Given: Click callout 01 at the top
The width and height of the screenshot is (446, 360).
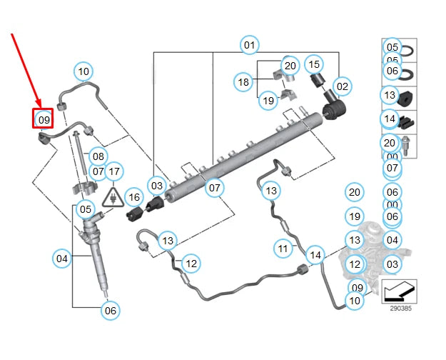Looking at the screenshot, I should [248, 46].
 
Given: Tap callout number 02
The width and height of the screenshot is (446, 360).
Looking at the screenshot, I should [343, 87].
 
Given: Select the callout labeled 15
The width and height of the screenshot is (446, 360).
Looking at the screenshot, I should [314, 64].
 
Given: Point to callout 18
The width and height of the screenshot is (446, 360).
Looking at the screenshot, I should [243, 82].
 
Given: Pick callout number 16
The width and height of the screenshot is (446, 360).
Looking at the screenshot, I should [133, 196].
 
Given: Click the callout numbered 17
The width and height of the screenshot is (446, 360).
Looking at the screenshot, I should [114, 171].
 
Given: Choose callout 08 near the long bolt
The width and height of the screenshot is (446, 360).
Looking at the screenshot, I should [98, 156].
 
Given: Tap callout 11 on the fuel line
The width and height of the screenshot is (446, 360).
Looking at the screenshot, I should [284, 249].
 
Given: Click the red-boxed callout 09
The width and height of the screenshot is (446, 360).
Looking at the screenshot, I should [44, 119].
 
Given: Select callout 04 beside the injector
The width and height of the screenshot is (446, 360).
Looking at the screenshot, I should [63, 258].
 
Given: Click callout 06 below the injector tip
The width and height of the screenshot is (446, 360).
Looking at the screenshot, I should [109, 310].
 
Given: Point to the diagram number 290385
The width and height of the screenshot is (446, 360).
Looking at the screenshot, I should [400, 309].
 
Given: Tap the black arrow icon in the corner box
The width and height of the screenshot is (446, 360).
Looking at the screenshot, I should [399, 291].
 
